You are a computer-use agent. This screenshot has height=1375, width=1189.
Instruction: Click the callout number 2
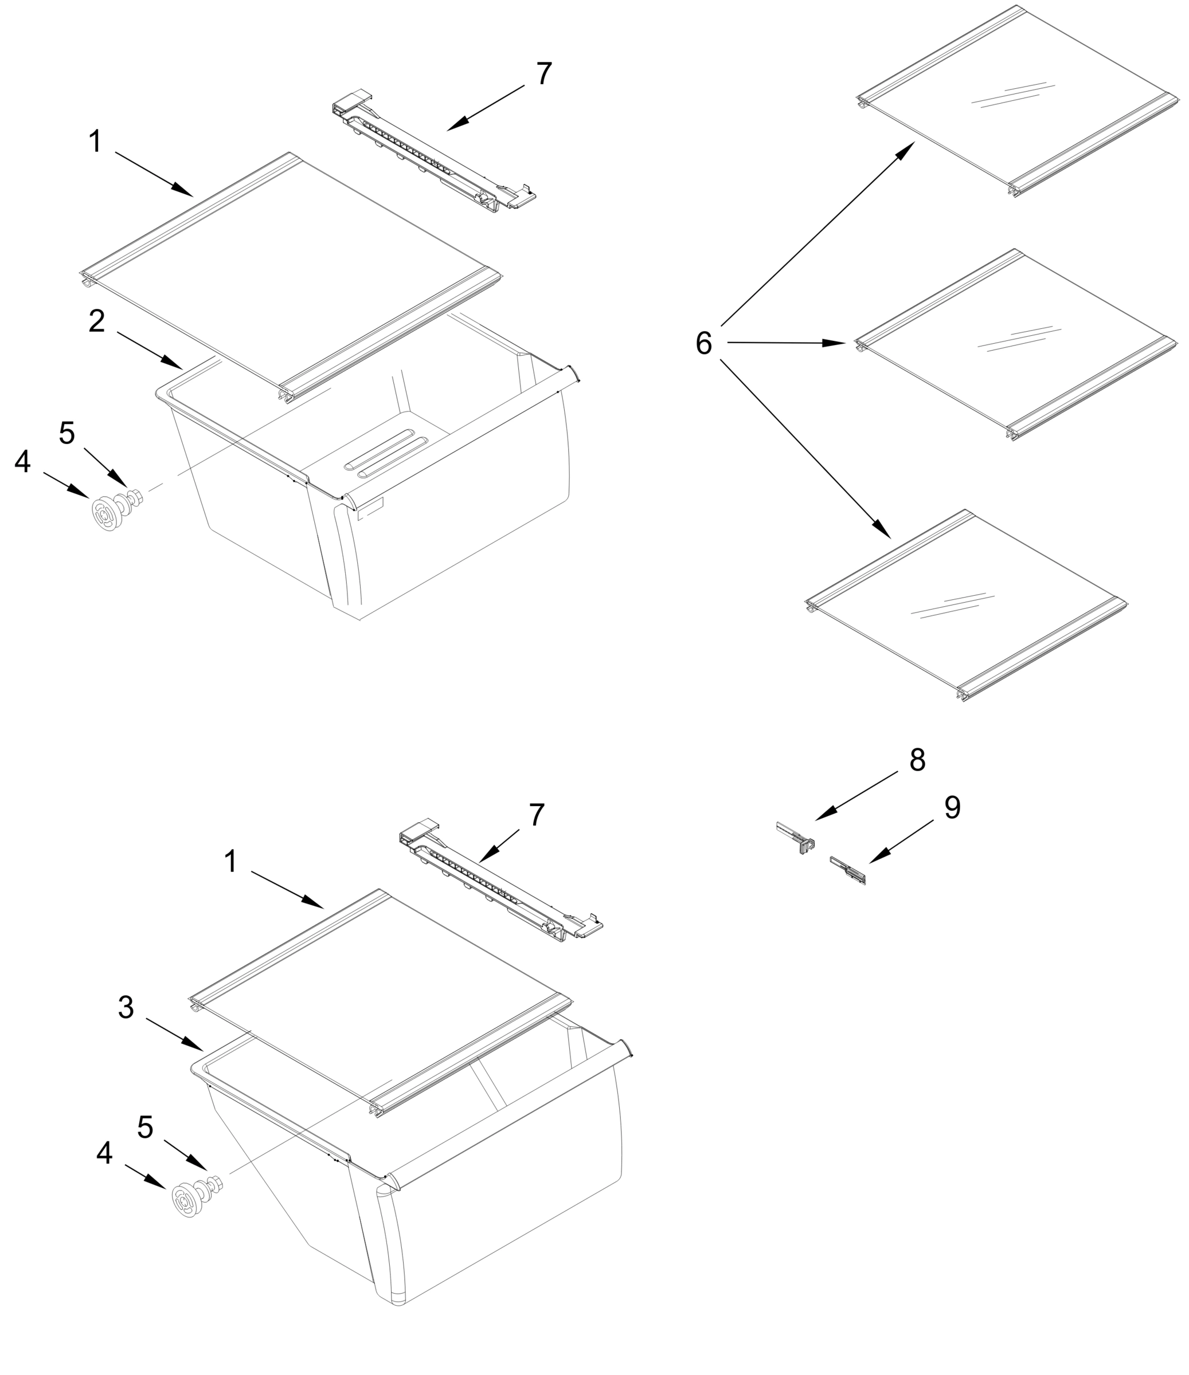click(x=97, y=322)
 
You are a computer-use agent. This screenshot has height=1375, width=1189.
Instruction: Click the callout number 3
click(x=126, y=1007)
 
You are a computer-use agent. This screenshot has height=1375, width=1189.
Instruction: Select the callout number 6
click(x=703, y=344)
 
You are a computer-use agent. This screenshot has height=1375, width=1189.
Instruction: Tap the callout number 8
click(x=917, y=760)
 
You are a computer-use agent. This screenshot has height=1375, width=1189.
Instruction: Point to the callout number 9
click(x=952, y=808)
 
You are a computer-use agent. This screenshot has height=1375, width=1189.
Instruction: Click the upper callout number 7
click(x=543, y=74)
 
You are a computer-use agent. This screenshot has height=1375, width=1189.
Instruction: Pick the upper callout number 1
click(x=96, y=142)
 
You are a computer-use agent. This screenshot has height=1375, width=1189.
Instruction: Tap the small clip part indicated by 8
click(x=797, y=838)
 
